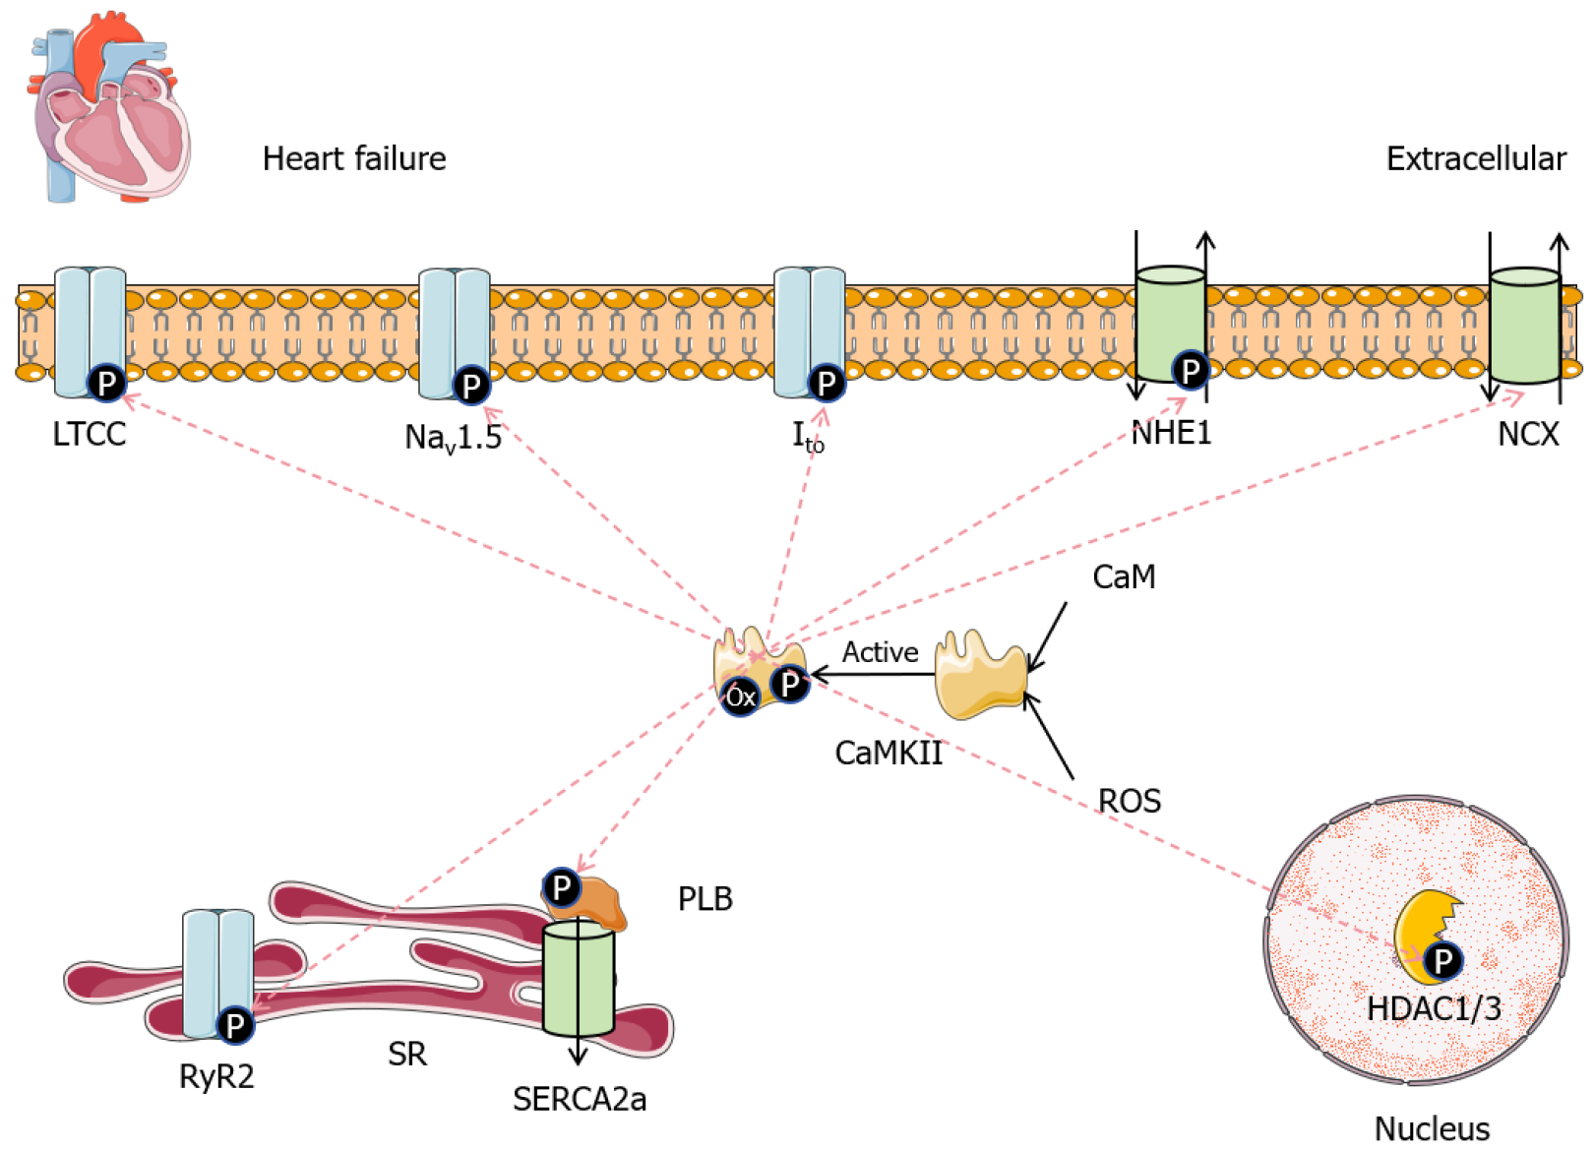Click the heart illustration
(110, 108)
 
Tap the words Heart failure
(353, 158)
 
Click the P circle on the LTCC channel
(106, 382)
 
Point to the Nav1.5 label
(453, 437)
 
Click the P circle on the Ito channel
(827, 383)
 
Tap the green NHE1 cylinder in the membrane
(1169, 315)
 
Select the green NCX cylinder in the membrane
(1523, 325)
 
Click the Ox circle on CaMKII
(740, 697)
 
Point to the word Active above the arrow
(880, 652)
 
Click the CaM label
(1123, 576)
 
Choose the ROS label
(1129, 801)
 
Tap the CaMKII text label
(888, 753)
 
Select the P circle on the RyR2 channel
(234, 1026)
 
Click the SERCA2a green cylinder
(579, 979)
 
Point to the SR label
(406, 1055)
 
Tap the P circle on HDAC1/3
(1442, 960)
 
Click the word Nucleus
(1431, 1128)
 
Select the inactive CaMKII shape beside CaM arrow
(978, 677)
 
